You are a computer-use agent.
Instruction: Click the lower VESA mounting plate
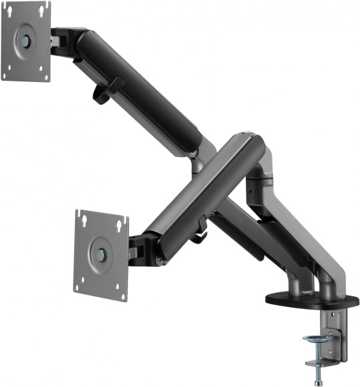pyautogui.click(x=100, y=253)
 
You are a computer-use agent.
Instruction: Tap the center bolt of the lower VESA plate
pyautogui.click(x=101, y=254)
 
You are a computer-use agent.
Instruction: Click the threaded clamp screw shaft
pyautogui.click(x=317, y=357)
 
